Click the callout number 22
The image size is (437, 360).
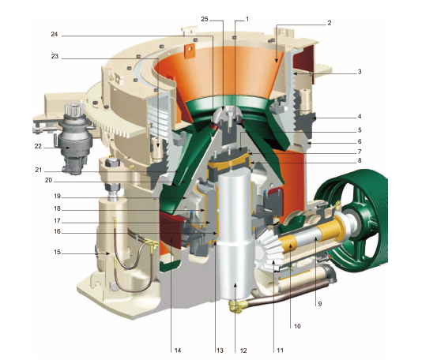coord(38,146)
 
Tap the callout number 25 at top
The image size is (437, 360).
coord(205,19)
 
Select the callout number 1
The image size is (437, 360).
coord(247,19)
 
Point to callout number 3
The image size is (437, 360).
coord(360,72)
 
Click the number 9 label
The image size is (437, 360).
coord(320,304)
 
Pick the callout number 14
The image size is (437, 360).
coord(178,351)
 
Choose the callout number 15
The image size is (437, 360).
coord(57,252)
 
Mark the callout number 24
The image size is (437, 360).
coord(55,34)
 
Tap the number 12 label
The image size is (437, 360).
coord(243,351)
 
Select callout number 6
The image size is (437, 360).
coord(360,141)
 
